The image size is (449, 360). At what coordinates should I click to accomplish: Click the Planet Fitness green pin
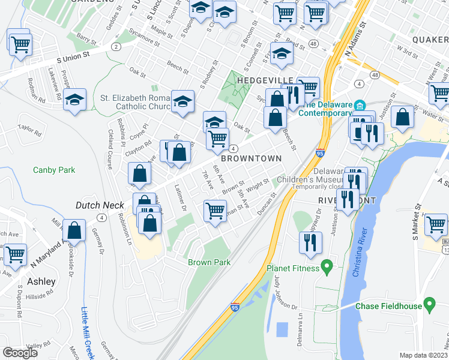click(x=327, y=265)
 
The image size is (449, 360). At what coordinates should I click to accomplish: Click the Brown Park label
click(x=209, y=263)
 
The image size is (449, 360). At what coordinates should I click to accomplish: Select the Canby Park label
click(x=54, y=170)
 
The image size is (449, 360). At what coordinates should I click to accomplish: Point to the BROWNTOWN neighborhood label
click(x=251, y=158)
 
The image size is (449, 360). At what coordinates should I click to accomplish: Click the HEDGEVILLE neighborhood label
click(x=264, y=80)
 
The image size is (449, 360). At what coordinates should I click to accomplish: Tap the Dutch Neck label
click(x=100, y=205)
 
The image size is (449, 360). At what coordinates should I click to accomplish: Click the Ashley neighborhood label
click(x=41, y=281)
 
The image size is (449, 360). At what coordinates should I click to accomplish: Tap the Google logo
click(x=20, y=353)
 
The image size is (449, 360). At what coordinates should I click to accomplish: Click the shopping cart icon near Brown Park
click(x=215, y=210)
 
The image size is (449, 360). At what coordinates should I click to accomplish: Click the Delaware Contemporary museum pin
click(x=360, y=104)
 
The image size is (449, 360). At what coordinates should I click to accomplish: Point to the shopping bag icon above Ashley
click(x=74, y=230)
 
